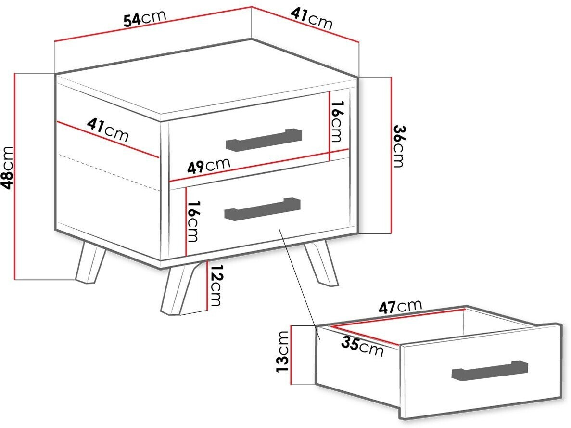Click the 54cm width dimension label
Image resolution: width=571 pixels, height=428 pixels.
[x=145, y=19]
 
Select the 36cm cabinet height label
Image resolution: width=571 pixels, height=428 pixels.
[x=399, y=146]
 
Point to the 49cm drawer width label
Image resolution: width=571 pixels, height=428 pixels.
[x=209, y=165]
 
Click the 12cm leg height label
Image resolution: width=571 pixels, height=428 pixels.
[x=216, y=285]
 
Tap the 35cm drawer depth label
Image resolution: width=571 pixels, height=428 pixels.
[x=362, y=347]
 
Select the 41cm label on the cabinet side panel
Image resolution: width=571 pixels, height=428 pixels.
[x=108, y=130]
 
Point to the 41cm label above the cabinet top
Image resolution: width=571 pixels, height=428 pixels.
[x=312, y=19]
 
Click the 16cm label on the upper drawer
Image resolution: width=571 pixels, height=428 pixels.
[x=336, y=122]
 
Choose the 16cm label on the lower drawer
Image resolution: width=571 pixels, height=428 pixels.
[x=192, y=221]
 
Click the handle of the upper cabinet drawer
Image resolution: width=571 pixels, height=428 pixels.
[x=264, y=140]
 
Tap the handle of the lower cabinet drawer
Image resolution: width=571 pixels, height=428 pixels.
[x=263, y=209]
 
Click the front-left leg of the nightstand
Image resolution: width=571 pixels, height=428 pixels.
[x=90, y=262]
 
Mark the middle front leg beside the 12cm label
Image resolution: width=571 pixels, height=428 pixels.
[x=184, y=290]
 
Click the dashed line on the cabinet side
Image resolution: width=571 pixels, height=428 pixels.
[x=109, y=173]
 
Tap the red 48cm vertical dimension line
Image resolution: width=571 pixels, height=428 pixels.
[x=15, y=177]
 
